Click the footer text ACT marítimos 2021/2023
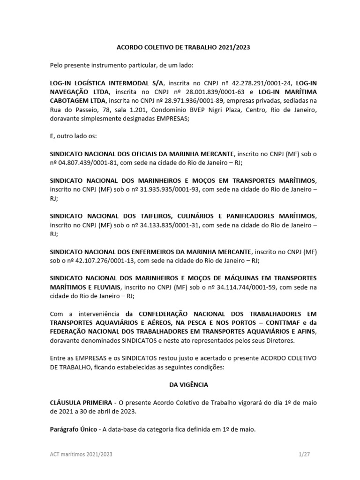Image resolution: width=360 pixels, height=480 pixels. click(81, 455)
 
